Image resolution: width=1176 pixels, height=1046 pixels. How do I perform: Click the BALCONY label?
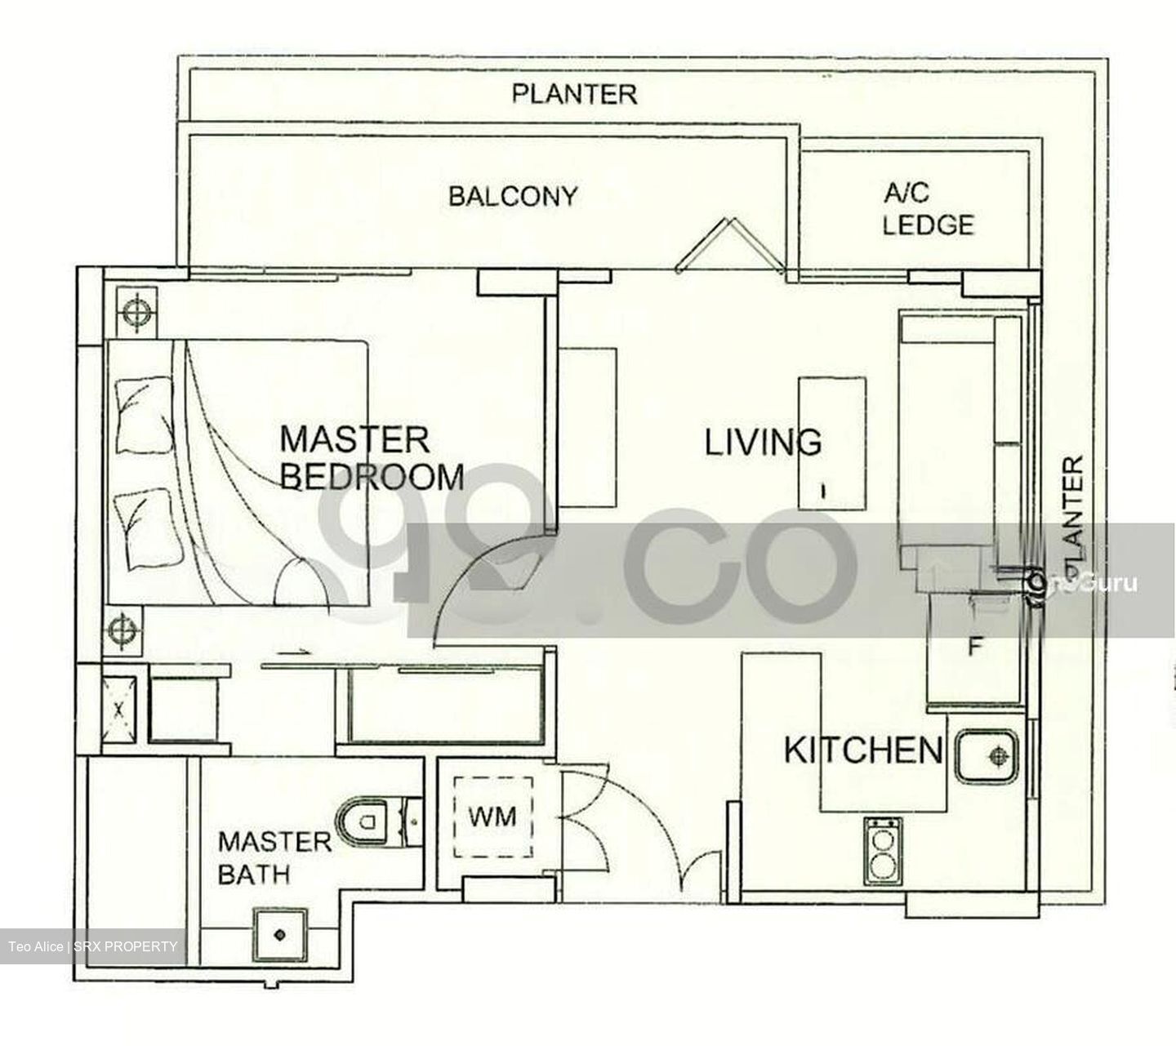point(512,197)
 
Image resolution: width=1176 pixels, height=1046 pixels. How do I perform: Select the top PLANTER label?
point(574,94)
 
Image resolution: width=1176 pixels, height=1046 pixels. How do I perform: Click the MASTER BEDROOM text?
point(372,458)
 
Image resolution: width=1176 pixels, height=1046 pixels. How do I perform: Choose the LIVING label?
point(763,443)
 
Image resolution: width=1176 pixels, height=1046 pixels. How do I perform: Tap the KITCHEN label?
point(863,750)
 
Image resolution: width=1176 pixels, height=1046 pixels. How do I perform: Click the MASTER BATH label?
point(274,857)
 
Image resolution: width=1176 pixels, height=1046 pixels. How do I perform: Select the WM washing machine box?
point(492,816)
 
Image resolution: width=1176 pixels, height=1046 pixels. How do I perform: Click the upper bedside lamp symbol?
point(134,310)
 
